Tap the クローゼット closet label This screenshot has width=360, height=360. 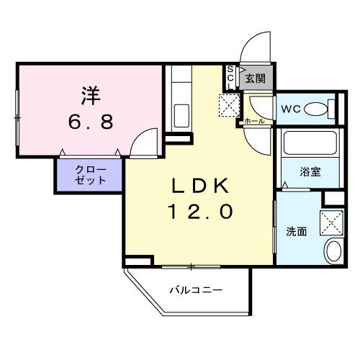click(x=91, y=175)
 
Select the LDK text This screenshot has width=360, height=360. click(x=199, y=186)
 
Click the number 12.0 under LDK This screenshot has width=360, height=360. click(x=199, y=213)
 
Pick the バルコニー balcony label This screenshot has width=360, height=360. click(x=197, y=290)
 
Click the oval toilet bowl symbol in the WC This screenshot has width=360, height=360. click(x=315, y=109)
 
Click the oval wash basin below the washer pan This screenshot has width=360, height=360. click(x=333, y=251)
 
